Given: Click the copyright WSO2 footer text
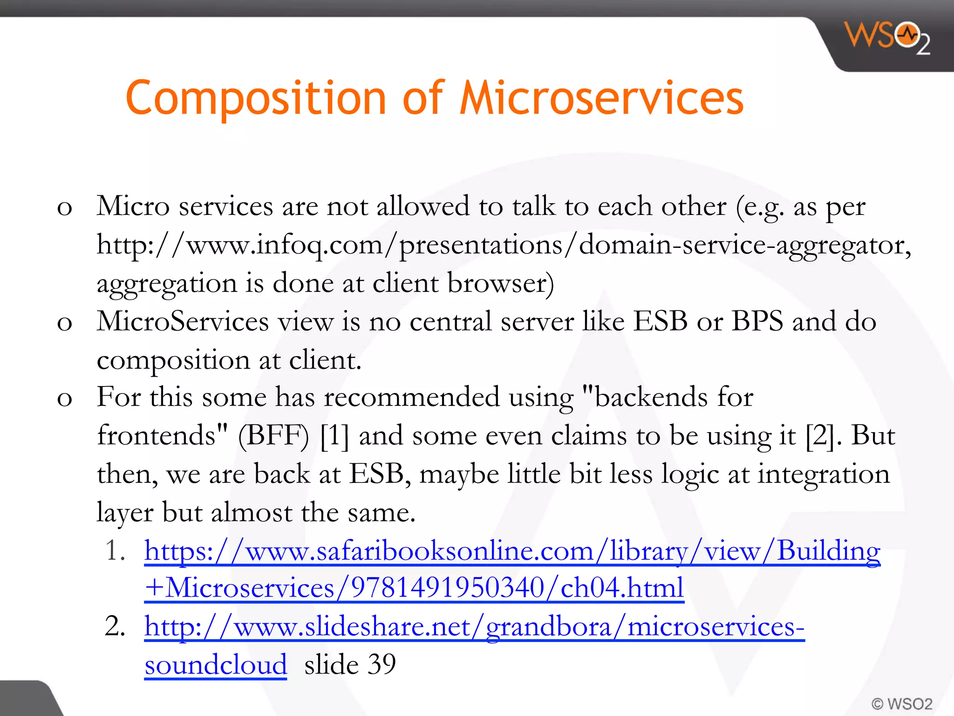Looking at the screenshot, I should [901, 703].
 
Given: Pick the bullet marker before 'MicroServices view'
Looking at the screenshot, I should [64, 323].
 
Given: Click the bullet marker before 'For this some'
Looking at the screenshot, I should [64, 399].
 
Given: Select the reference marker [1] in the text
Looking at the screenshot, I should [334, 436].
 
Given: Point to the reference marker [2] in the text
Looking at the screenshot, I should [820, 436].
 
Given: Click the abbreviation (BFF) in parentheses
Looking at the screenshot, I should [273, 436].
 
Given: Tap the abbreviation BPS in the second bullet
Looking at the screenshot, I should [757, 321].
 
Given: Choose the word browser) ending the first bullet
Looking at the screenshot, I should [500, 283].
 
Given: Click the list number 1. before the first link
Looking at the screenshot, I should [115, 551].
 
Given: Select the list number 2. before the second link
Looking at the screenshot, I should [115, 626].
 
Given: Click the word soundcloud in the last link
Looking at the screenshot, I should [215, 665].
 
